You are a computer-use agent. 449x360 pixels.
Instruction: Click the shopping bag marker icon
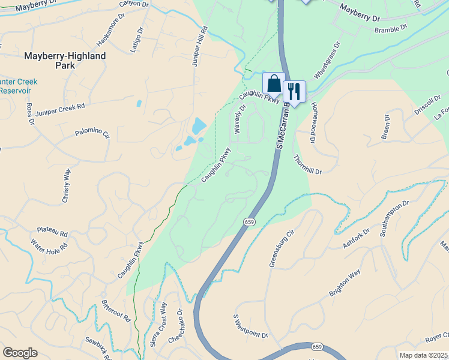[x=274, y=83]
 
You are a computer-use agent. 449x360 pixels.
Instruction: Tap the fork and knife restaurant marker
[x=294, y=91]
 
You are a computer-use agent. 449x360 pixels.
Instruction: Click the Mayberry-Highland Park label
[x=65, y=60]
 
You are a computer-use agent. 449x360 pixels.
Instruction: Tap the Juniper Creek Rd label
[x=60, y=109]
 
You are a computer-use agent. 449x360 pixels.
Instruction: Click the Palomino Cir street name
[x=92, y=133]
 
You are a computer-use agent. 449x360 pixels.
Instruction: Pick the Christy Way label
[x=67, y=185]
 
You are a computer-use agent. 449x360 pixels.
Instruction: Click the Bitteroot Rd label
[x=116, y=311]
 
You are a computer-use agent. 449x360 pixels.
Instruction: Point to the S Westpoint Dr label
[x=250, y=325]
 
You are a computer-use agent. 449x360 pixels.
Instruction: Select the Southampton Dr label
[x=394, y=218]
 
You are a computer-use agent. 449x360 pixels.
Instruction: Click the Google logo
[x=20, y=353]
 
